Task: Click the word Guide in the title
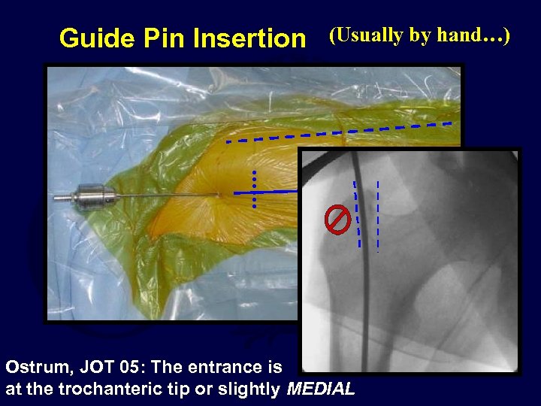(92, 38)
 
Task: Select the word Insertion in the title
(249, 38)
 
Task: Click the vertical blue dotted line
(255, 189)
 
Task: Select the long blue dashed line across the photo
(338, 132)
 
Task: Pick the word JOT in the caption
(95, 368)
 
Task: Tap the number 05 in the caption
(131, 368)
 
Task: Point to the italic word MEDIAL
(320, 389)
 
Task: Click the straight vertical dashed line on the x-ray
(377, 215)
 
